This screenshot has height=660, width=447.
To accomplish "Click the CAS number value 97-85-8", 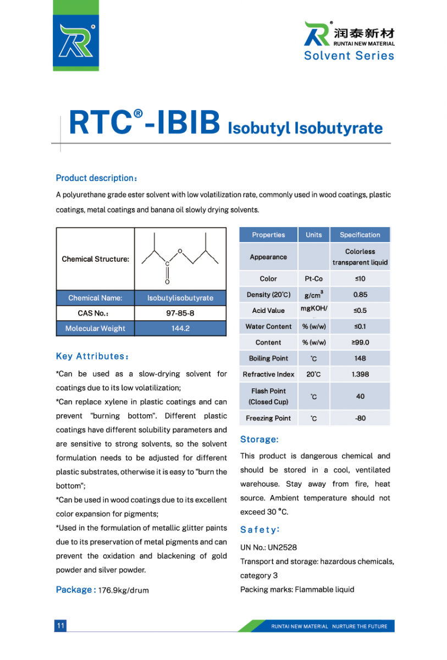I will [180, 313].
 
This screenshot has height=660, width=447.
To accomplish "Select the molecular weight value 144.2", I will [180, 328].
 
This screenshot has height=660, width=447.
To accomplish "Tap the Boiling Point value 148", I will [360, 358].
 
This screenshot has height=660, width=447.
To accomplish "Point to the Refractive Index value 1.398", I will [360, 374].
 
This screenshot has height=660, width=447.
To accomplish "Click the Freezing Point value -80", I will [360, 418].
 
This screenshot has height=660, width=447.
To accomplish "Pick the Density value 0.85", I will [360, 295].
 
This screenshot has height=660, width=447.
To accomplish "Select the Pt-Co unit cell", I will [313, 279].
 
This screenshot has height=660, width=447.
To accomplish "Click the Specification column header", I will [360, 235].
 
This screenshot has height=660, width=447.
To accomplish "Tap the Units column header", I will [313, 235].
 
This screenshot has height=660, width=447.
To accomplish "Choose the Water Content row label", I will [268, 326].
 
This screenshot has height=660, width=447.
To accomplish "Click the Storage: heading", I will [260, 439].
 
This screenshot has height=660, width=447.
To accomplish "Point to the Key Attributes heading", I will [92, 356].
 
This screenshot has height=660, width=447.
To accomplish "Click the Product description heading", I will [96, 178].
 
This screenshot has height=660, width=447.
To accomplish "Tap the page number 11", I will [60, 625].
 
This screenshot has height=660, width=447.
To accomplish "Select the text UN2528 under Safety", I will [283, 547].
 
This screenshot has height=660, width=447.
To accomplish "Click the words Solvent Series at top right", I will [349, 56].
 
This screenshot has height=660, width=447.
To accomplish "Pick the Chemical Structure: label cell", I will [96, 259].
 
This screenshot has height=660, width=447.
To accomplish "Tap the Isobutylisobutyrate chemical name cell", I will [180, 298].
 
